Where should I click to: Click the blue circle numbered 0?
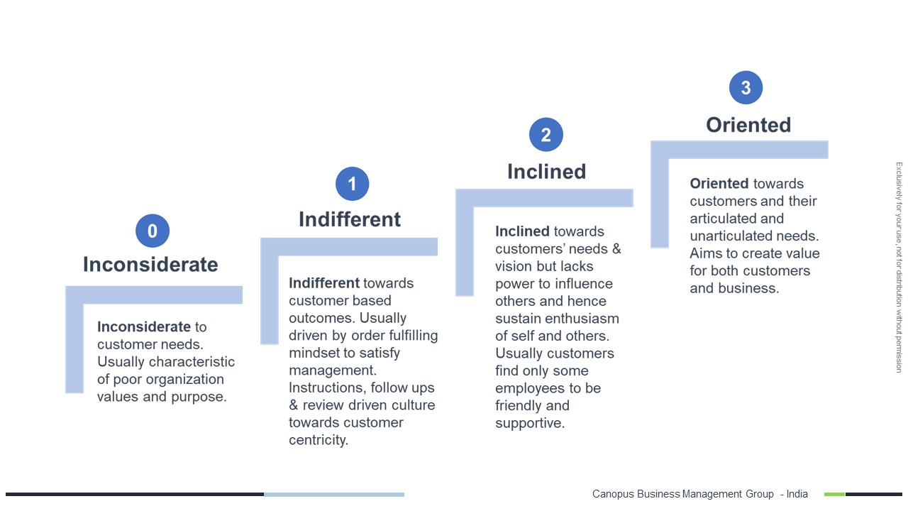[153, 231]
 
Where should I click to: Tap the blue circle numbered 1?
[353, 184]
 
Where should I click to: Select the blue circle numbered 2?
[546, 135]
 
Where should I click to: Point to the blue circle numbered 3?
[746, 87]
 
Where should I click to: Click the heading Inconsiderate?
[150, 265]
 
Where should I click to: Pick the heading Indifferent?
[350, 219]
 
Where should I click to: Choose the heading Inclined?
[546, 172]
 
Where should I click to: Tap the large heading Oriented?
[748, 125]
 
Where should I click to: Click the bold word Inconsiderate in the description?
[144, 326]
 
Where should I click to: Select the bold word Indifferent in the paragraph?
[324, 282]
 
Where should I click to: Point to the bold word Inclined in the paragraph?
[522, 231]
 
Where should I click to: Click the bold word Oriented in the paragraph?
[719, 183]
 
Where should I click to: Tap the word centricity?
[319, 440]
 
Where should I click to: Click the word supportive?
[530, 423]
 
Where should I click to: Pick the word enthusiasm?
[582, 319]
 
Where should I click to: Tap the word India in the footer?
[797, 494]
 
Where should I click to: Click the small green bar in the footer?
[835, 494]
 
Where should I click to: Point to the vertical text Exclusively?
[899, 181]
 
